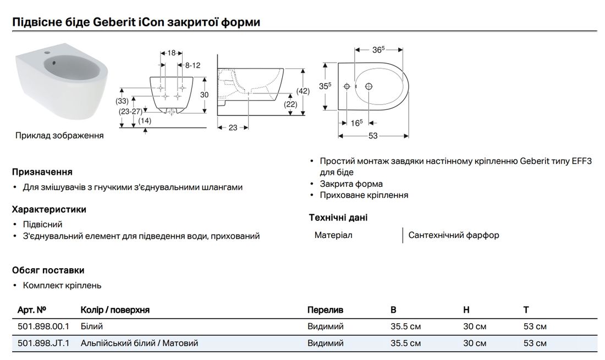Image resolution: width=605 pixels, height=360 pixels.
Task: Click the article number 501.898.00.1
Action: click(x=43, y=326)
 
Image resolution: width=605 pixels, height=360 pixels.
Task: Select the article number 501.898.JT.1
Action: click(x=43, y=343)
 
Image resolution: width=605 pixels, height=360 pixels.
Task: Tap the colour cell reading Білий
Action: click(x=91, y=326)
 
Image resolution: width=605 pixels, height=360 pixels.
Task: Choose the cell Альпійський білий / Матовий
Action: click(x=139, y=343)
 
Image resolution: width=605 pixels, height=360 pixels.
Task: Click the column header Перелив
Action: click(x=325, y=310)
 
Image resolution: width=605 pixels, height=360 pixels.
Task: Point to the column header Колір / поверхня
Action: click(x=115, y=310)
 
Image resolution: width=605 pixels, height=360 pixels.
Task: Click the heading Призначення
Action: click(x=42, y=172)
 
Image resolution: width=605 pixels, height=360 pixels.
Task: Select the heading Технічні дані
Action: click(x=338, y=218)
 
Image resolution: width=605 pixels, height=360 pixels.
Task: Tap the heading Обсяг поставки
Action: click(x=48, y=270)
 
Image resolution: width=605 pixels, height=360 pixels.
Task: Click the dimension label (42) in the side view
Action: click(x=303, y=91)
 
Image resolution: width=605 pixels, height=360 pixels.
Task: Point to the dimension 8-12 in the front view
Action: click(x=193, y=65)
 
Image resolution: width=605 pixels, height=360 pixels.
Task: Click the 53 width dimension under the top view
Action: click(x=373, y=136)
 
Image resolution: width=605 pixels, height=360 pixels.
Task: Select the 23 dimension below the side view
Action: click(x=233, y=128)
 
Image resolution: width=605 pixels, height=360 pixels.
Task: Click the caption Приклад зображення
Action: click(x=59, y=135)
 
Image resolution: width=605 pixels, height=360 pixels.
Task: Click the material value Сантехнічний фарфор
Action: click(x=454, y=235)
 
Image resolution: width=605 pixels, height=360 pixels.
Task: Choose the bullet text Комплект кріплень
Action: click(x=62, y=285)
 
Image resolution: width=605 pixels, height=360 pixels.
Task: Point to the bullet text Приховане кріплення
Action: click(x=364, y=195)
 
